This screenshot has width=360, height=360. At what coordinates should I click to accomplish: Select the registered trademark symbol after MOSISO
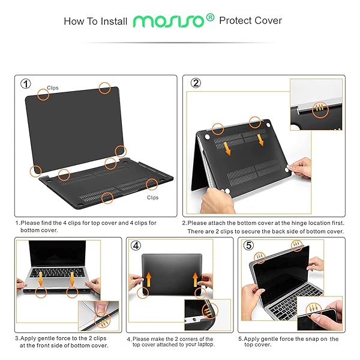coord(209,17)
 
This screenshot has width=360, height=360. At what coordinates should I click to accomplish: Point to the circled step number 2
coord(196,83)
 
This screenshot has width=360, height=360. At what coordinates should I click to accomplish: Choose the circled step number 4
coord(136,245)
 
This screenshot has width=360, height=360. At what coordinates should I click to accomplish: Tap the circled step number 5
coord(248,245)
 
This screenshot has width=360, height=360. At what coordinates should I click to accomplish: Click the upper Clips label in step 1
coord(53,88)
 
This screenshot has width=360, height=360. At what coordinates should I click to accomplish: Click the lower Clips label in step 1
coord(153,197)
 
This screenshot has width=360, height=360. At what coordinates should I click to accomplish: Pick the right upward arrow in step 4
coord(196,278)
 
